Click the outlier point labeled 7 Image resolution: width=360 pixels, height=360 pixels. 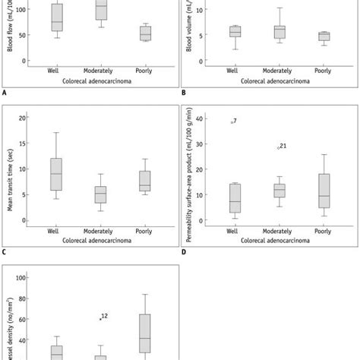pyautogui.click(x=232, y=122)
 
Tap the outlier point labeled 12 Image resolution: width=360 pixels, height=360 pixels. pyautogui.click(x=100, y=318)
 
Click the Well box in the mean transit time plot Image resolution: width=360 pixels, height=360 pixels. pyautogui.click(x=56, y=174)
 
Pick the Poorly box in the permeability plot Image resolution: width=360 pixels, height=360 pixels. pyautogui.click(x=324, y=191)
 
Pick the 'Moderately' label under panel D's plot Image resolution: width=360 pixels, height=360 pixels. pyautogui.click(x=279, y=231)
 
